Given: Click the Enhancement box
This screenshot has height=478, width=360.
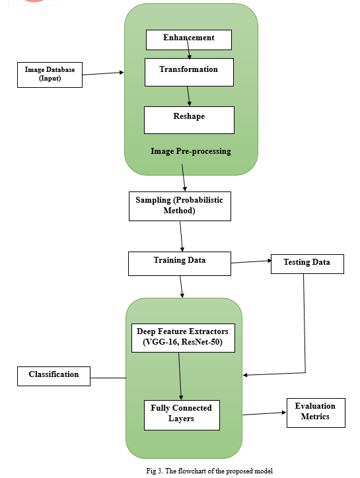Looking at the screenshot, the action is pos(189,40).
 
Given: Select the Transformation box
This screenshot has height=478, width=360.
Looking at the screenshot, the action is pos(189,72).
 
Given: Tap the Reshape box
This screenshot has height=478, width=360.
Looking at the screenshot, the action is pos(189,120).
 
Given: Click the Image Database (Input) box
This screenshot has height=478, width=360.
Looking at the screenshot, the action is pos(50,75).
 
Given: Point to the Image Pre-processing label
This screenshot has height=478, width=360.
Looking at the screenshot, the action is pos(191,151).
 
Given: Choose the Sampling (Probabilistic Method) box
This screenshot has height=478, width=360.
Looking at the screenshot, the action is pos(180,207).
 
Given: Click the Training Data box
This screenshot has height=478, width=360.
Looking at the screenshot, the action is pos(180,263).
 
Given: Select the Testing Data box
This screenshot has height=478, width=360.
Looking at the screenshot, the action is pos(307,264).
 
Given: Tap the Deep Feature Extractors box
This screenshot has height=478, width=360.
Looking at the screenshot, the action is pos(183,338).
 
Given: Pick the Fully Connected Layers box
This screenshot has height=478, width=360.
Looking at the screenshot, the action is pos(182,415).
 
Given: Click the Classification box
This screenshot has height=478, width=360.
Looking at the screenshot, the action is pos(54,376).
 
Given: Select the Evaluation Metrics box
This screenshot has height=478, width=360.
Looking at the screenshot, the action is pos(316,413).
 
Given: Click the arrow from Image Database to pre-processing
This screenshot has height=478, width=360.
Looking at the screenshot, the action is pos(103,73).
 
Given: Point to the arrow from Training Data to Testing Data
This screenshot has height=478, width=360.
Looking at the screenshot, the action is pos(251,261).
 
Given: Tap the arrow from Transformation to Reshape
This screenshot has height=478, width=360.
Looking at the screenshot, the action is pos(189,96).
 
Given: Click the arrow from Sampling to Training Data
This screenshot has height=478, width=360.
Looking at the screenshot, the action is pos(181,236).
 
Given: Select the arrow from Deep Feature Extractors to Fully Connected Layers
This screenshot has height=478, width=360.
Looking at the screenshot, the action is pos(180,376).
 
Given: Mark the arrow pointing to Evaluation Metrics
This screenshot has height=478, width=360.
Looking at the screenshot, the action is pos(264,414).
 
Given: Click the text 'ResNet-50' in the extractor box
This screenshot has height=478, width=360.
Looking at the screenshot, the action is pos(201,342).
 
